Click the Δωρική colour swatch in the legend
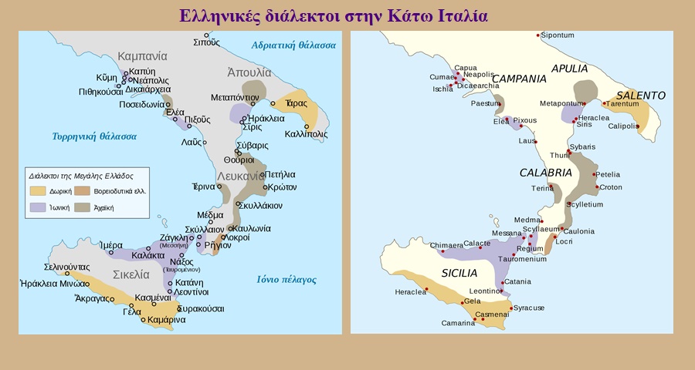pos(37,190)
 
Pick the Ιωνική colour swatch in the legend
pos(37,207)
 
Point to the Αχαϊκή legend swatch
pos(83,207)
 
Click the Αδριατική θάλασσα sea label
pos(293,45)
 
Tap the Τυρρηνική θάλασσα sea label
pos(94,136)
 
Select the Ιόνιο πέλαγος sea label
pos(286,280)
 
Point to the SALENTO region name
pos(640,95)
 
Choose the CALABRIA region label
pos(545,173)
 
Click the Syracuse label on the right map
pos(529,308)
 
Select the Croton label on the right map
pos(611,187)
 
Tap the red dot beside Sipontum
pos(539,36)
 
